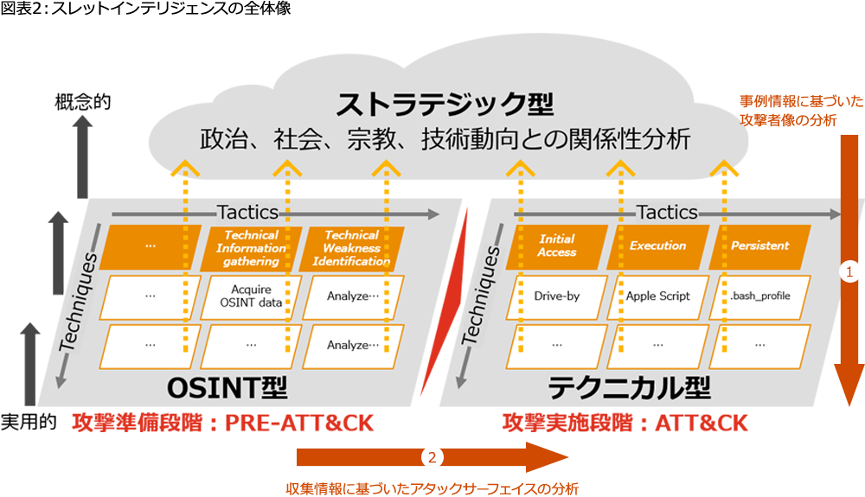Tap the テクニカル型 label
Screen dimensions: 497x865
tap(628, 386)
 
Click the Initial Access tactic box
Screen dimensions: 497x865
tap(557, 246)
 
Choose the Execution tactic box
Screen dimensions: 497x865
tap(657, 246)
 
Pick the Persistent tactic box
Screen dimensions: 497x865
tap(759, 246)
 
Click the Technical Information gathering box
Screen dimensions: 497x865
tap(251, 248)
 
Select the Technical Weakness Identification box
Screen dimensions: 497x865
tap(351, 248)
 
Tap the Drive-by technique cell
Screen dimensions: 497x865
tap(557, 296)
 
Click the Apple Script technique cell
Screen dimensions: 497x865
tap(658, 296)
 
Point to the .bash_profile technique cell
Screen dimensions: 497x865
tap(759, 296)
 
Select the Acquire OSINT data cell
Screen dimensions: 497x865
tap(251, 296)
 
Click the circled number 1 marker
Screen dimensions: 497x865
tap(849, 272)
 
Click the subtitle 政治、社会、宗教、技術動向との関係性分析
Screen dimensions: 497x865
tap(445, 139)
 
